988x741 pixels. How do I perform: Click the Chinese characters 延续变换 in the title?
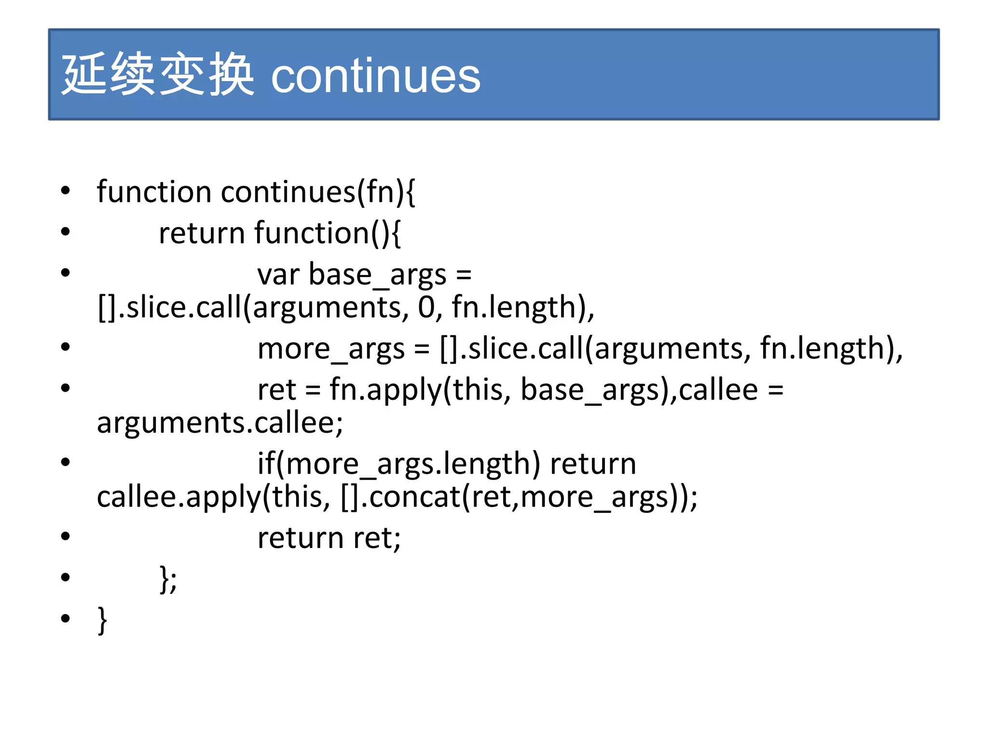tap(158, 75)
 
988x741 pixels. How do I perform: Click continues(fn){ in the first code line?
tap(318, 192)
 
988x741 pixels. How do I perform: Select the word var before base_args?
tap(278, 274)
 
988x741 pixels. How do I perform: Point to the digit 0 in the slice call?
tap(426, 307)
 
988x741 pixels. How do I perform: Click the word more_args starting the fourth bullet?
tap(331, 348)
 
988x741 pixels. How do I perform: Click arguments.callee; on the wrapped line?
tap(220, 423)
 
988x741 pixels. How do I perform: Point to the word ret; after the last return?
tap(377, 538)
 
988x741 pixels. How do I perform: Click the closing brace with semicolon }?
tap(168, 579)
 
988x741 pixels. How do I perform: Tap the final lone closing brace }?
tap(102, 620)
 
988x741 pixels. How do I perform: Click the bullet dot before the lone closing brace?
tap(66, 618)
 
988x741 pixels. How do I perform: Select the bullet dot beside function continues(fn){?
tap(66, 191)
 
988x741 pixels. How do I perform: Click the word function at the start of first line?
tap(154, 192)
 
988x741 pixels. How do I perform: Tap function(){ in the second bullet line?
tap(327, 233)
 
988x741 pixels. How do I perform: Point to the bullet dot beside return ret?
tap(66, 536)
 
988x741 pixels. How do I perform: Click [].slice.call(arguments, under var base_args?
tap(253, 307)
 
